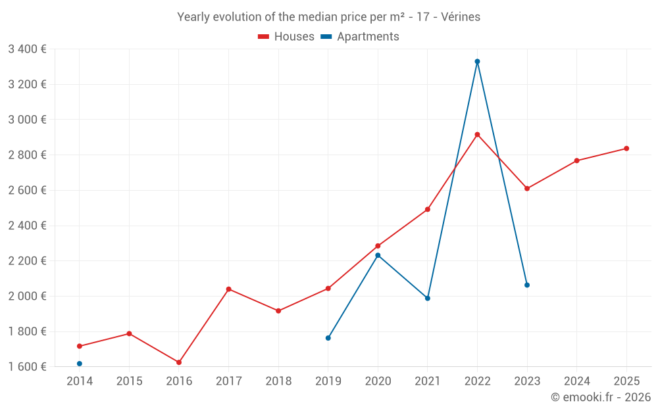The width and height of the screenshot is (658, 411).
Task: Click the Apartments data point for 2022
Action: click(x=477, y=62)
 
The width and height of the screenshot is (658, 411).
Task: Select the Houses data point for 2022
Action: click(x=477, y=135)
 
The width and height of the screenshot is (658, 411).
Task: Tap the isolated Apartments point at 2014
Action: click(x=80, y=364)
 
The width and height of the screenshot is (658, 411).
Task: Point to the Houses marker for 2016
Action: click(x=179, y=362)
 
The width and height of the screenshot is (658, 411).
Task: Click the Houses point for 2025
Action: click(x=626, y=149)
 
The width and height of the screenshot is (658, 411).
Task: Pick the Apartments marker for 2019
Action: click(x=328, y=338)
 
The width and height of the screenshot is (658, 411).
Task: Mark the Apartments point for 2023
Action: click(x=527, y=285)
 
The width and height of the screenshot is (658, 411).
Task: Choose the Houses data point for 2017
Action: click(x=229, y=289)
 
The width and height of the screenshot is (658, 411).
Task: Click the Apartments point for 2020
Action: click(x=378, y=255)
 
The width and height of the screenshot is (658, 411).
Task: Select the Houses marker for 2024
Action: click(x=576, y=160)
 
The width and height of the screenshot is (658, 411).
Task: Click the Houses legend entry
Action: click(x=286, y=37)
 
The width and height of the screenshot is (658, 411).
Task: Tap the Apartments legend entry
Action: click(x=360, y=37)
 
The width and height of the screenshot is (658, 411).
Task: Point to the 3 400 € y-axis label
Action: click(x=27, y=49)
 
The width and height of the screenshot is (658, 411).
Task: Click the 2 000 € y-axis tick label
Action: click(x=27, y=296)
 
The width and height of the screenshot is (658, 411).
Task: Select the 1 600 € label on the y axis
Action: click(x=27, y=366)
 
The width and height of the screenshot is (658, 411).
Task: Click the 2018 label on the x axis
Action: click(x=278, y=381)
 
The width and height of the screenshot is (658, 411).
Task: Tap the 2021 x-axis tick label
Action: click(x=428, y=381)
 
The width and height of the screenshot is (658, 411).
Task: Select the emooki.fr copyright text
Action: click(x=600, y=397)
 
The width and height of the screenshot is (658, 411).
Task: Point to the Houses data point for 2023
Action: click(x=527, y=189)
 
